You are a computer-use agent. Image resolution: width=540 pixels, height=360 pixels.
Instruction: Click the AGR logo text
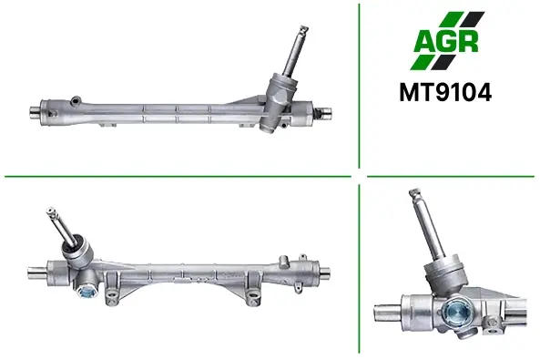pos(446,41)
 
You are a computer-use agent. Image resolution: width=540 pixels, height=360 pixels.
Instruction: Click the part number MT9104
pos(445,93)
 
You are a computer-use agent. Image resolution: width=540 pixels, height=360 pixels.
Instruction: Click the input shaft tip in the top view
pos(303,28)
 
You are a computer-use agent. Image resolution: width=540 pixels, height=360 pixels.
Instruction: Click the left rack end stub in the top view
pos(35,112)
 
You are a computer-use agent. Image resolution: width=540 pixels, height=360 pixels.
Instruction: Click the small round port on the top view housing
pos(75,100)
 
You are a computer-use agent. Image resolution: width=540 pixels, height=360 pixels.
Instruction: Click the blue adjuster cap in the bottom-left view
pos(87,293)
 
